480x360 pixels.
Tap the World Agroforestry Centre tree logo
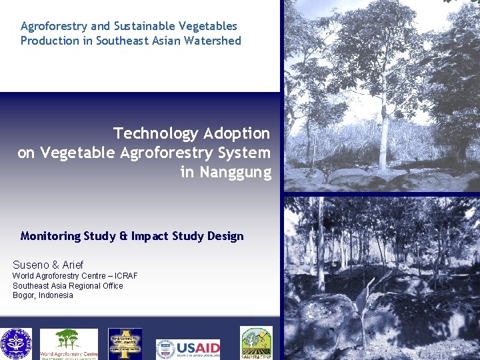coord(68,341)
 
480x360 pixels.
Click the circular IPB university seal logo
coord(15,344)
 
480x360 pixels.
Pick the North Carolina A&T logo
coord(125,344)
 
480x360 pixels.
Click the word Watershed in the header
coord(214,41)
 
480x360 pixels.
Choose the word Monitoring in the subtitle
coord(51,236)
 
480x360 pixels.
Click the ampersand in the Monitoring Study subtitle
coord(123,236)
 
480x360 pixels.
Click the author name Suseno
coord(31,265)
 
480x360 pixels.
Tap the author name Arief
coord(73,265)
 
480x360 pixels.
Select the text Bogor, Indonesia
coord(43,295)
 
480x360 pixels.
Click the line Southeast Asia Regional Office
coord(67,286)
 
